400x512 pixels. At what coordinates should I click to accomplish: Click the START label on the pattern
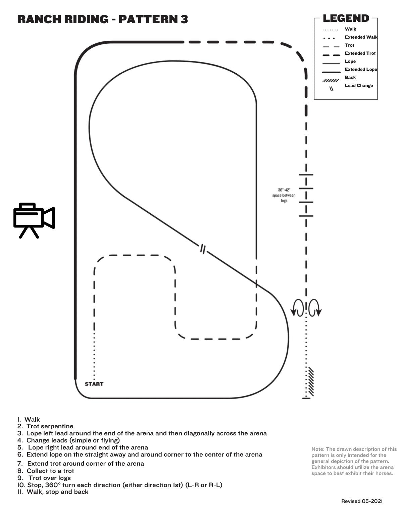click(94, 384)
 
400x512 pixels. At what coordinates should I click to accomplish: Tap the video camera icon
click(34, 220)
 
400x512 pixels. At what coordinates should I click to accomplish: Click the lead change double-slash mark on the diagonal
click(203, 249)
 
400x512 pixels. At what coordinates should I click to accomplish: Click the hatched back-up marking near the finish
click(311, 381)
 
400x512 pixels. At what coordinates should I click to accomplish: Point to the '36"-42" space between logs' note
click(284, 195)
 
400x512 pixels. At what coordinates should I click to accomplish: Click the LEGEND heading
click(346, 18)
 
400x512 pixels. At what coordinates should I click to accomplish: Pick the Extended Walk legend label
click(361, 37)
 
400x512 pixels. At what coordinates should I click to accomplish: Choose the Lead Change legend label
click(359, 86)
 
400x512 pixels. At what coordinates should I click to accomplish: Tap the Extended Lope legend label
click(361, 69)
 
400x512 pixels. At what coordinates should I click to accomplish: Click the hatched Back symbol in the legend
click(331, 81)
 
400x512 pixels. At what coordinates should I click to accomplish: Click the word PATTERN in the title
click(148, 19)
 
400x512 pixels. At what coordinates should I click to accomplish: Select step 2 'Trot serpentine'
click(45, 426)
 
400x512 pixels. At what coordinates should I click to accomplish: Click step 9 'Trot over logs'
click(44, 478)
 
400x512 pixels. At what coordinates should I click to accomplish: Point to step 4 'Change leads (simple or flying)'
click(68, 440)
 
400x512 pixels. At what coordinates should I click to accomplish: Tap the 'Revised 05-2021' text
click(362, 501)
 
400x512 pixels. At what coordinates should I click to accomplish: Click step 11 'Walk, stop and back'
click(53, 492)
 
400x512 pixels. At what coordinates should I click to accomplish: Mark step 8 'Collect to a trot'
click(46, 471)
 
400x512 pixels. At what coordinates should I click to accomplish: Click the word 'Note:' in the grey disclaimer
click(318, 449)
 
